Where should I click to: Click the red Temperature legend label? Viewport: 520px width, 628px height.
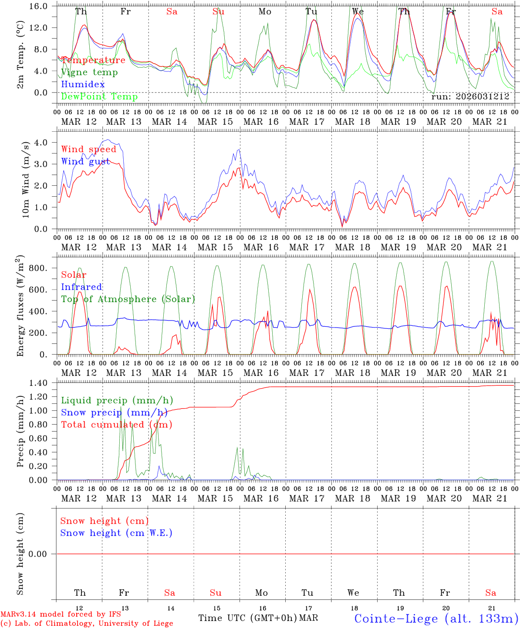pyautogui.click(x=93, y=60)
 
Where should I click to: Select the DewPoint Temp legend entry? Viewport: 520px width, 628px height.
pyautogui.click(x=99, y=96)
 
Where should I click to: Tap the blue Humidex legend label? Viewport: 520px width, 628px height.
pyautogui.click(x=83, y=84)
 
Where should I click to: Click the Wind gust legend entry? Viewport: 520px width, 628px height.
pyautogui.click(x=85, y=161)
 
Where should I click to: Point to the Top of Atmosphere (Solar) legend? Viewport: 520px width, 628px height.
pyautogui.click(x=128, y=299)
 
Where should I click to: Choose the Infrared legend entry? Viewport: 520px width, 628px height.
pyautogui.click(x=81, y=287)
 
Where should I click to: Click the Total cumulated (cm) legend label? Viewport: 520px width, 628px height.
pyautogui.click(x=116, y=424)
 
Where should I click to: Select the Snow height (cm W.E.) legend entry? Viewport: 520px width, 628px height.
pyautogui.click(x=116, y=533)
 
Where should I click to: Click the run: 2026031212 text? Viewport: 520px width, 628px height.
pyautogui.click(x=470, y=97)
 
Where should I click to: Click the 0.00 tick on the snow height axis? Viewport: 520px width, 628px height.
pyautogui.click(x=43, y=554)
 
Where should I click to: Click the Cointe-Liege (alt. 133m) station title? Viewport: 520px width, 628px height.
pyautogui.click(x=436, y=618)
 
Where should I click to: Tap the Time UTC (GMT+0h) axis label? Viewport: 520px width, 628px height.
pyautogui.click(x=248, y=618)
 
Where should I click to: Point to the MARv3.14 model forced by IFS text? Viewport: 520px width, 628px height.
pyautogui.click(x=61, y=614)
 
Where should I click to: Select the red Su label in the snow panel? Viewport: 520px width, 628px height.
pyautogui.click(x=216, y=593)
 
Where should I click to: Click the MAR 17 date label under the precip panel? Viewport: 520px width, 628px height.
pyautogui.click(x=307, y=498)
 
